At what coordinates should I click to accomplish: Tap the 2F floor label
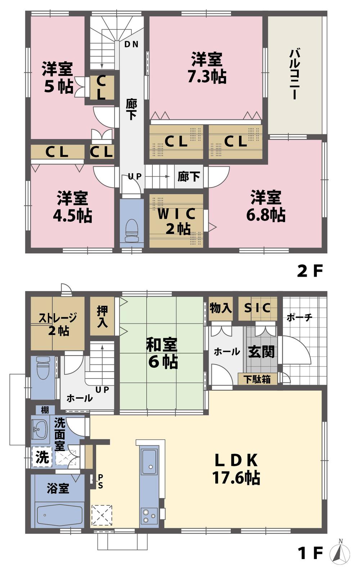click(x=309, y=271)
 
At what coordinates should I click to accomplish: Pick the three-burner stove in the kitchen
click(x=149, y=515)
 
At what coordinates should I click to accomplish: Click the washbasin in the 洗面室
click(x=39, y=430)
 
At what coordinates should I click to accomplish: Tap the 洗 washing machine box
click(x=42, y=457)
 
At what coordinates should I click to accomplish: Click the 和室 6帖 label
click(x=162, y=353)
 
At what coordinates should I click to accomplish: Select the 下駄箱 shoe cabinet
click(x=257, y=379)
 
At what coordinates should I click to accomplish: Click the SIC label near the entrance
click(x=257, y=308)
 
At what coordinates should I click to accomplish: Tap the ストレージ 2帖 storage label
click(x=58, y=324)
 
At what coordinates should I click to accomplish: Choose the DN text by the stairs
click(x=131, y=45)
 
